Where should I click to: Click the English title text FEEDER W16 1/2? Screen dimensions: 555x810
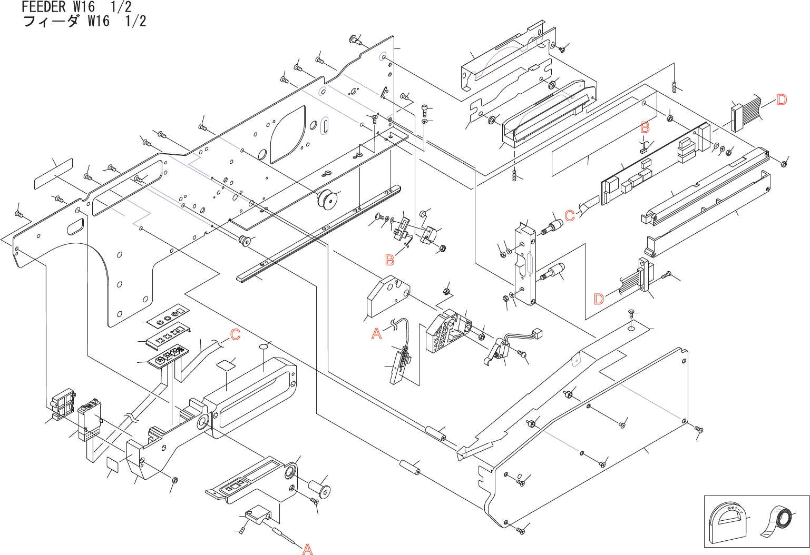pos(76,7)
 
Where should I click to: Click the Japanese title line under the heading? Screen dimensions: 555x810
pos(84,21)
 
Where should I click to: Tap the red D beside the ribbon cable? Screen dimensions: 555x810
pos(782,100)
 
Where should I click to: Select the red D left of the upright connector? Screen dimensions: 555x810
pos(599,299)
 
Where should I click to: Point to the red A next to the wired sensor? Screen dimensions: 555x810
pos(376,334)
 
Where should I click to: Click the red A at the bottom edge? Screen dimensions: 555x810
pos(307,549)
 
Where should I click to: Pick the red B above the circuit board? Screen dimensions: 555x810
pos(645,127)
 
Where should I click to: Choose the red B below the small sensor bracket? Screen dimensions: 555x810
pos(389,260)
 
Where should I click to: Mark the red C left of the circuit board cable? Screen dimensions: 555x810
pos(569,215)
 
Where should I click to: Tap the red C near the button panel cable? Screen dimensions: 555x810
pos(235,334)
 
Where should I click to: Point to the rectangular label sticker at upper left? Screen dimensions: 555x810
pos(53,173)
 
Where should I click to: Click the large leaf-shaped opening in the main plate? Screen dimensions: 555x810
pos(287,134)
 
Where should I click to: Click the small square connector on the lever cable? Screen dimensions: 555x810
pos(538,333)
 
